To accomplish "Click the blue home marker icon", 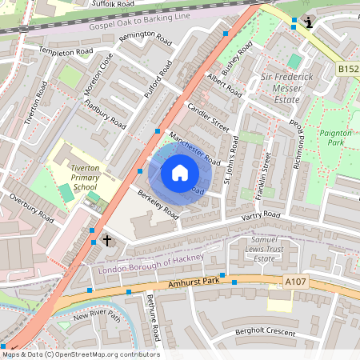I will (x=180, y=172).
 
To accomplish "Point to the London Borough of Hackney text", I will (x=150, y=265).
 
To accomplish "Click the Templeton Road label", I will (x=67, y=51).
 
